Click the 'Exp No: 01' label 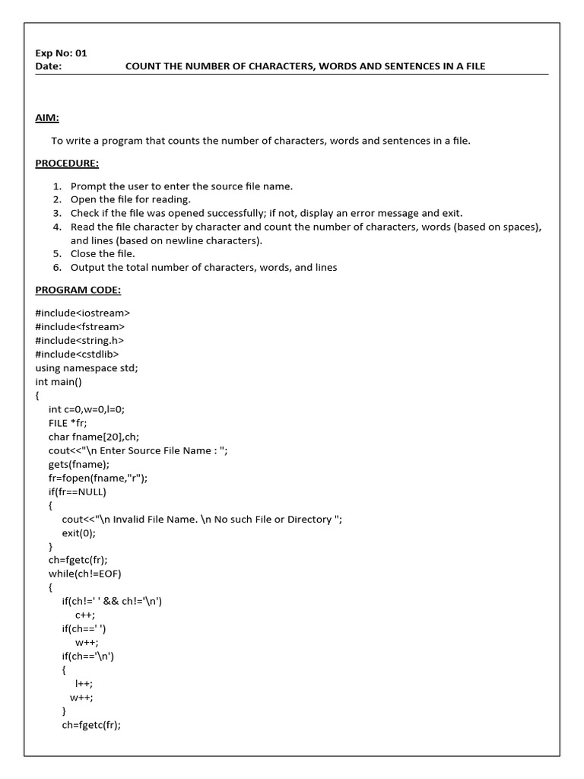(x=61, y=53)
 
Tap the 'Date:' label (x=48, y=66)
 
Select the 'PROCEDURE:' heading (x=67, y=163)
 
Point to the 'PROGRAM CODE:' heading (x=78, y=290)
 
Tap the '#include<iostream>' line (x=82, y=313)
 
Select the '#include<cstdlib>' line (x=77, y=354)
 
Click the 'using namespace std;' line (x=87, y=367)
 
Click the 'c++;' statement (x=84, y=615)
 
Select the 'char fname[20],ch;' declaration (x=90, y=437)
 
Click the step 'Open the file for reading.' (x=130, y=199)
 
